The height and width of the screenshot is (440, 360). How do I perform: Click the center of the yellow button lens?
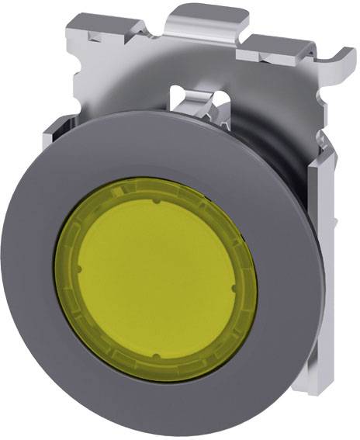click(x=155, y=279)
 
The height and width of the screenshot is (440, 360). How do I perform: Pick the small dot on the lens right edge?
click(x=237, y=289)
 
